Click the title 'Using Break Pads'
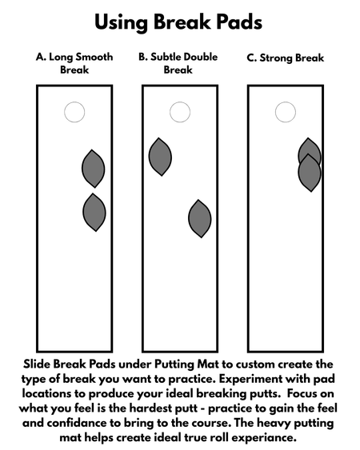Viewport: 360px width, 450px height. (x=179, y=22)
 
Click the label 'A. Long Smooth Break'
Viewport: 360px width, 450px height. (x=74, y=63)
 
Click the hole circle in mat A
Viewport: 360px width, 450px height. (x=74, y=113)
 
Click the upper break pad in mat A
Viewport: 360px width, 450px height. (x=94, y=168)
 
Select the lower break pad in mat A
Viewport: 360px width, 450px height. (x=94, y=212)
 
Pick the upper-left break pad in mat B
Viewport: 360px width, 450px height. (x=160, y=157)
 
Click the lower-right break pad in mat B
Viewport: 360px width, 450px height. (x=199, y=218)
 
